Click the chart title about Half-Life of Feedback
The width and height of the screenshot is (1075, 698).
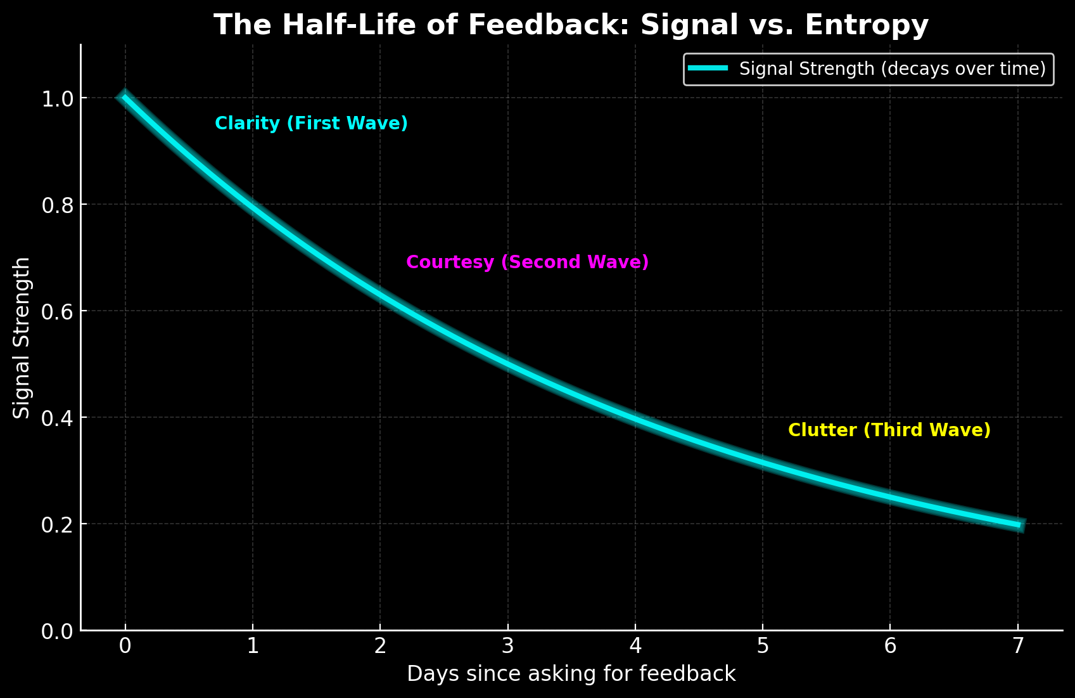[571, 25]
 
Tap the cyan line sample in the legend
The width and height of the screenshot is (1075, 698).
[708, 68]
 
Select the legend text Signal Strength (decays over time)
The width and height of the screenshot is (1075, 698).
[892, 68]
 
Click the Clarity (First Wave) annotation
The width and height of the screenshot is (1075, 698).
[311, 123]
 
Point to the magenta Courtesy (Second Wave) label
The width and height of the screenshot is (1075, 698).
[527, 262]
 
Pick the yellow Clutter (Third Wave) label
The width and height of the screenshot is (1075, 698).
[889, 430]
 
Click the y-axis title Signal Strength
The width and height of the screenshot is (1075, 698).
[22, 337]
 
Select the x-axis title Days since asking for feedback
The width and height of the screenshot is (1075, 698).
[571, 673]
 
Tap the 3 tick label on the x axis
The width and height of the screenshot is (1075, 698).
[507, 646]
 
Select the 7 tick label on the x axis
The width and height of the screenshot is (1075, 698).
[1017, 646]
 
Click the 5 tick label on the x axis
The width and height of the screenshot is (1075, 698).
[763, 646]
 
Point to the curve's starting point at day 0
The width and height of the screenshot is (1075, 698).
[125, 97]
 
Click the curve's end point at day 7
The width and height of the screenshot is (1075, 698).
[1017, 525]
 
